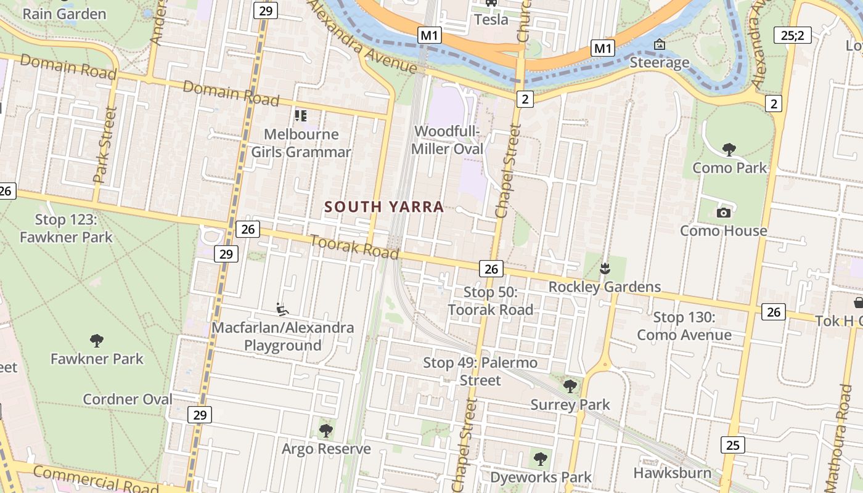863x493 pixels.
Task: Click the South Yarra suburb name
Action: [384, 207]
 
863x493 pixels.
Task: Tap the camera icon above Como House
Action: [724, 213]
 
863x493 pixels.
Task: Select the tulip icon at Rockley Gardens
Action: [605, 268]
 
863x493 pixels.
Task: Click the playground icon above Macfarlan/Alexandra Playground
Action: [283, 309]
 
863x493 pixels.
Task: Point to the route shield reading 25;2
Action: [792, 35]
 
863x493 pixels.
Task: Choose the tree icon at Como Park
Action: [729, 149]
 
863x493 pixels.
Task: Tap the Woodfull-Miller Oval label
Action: [447, 140]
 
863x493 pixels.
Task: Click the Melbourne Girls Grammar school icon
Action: [301, 115]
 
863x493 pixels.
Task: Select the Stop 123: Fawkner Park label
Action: [66, 228]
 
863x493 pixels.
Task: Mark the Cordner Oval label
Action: [128, 399]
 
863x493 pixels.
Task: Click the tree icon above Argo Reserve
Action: [325, 430]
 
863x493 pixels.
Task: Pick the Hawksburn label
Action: [673, 473]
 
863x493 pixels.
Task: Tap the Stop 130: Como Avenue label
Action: [684, 326]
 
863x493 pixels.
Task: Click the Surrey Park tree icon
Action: [570, 386]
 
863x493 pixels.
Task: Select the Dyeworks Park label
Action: [541, 477]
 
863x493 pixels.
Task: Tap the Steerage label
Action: [660, 62]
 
